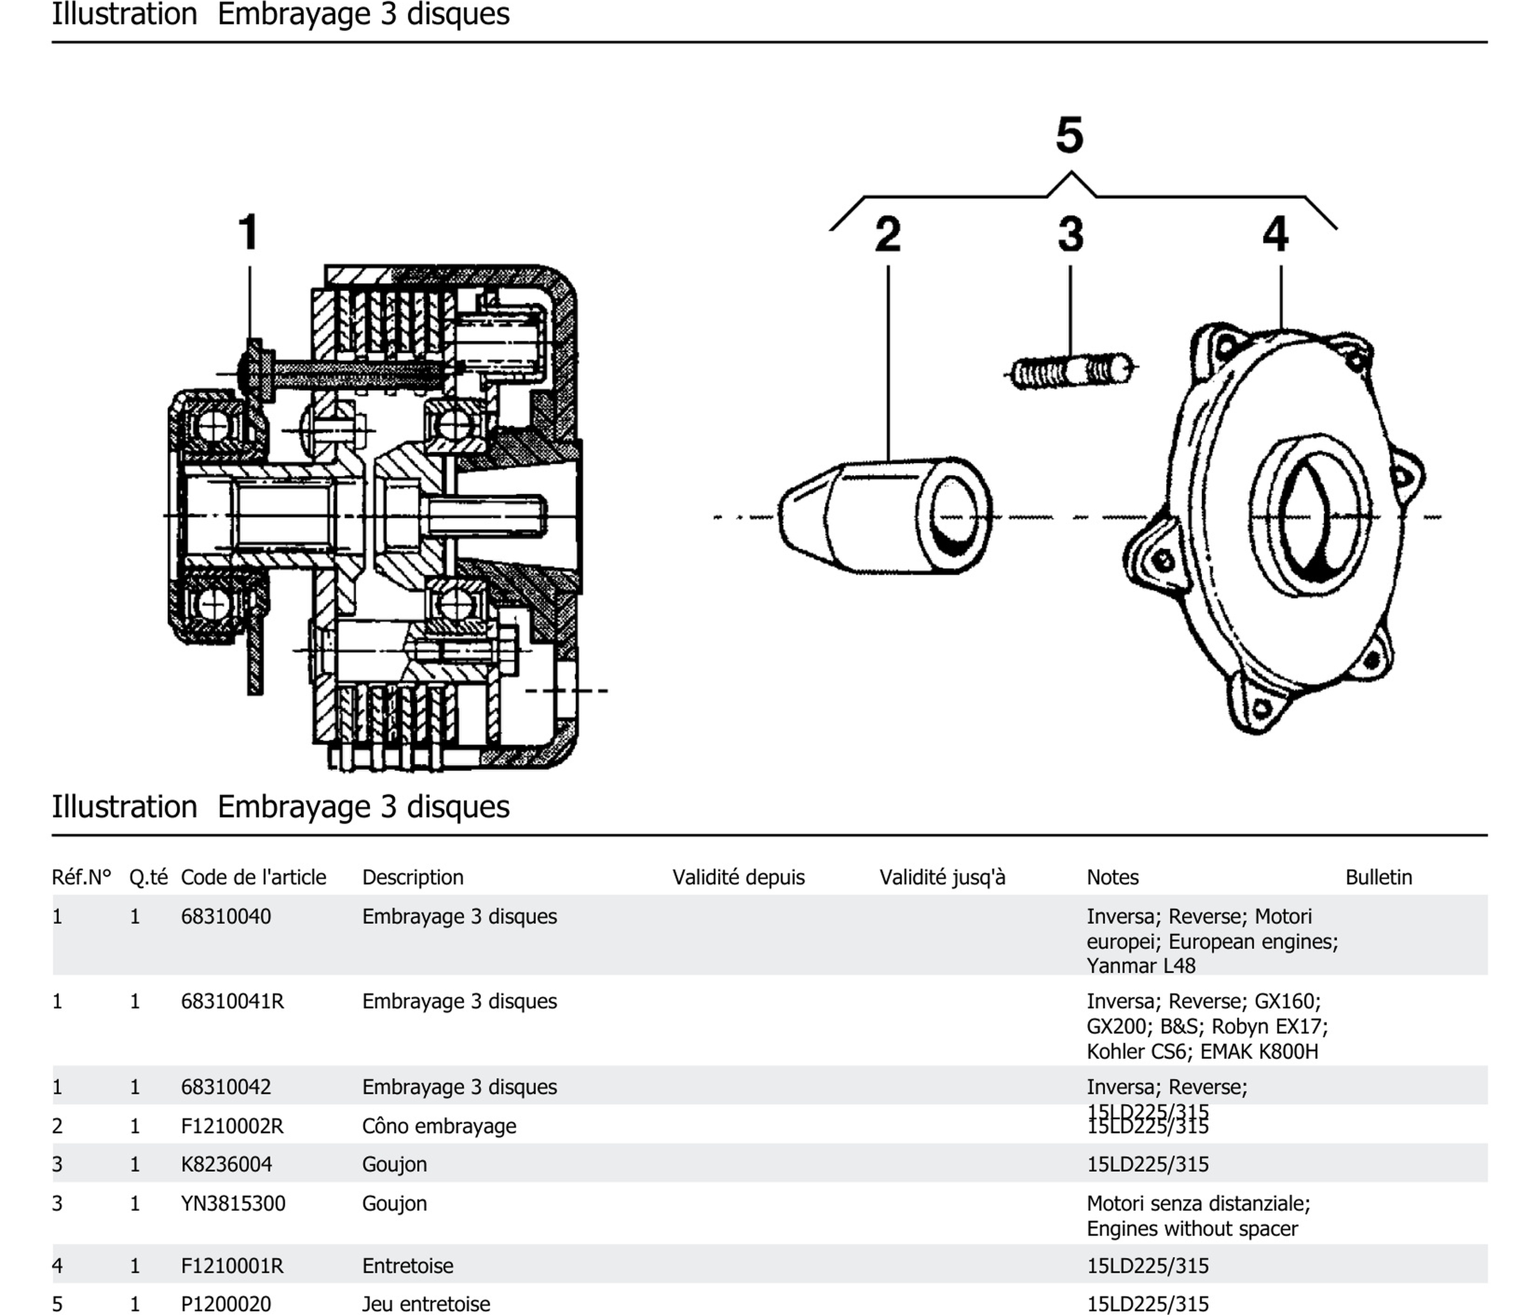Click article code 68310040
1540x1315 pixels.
point(226,917)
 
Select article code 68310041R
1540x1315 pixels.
point(232,1001)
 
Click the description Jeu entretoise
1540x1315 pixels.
point(426,1304)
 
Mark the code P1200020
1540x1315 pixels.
point(226,1304)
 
